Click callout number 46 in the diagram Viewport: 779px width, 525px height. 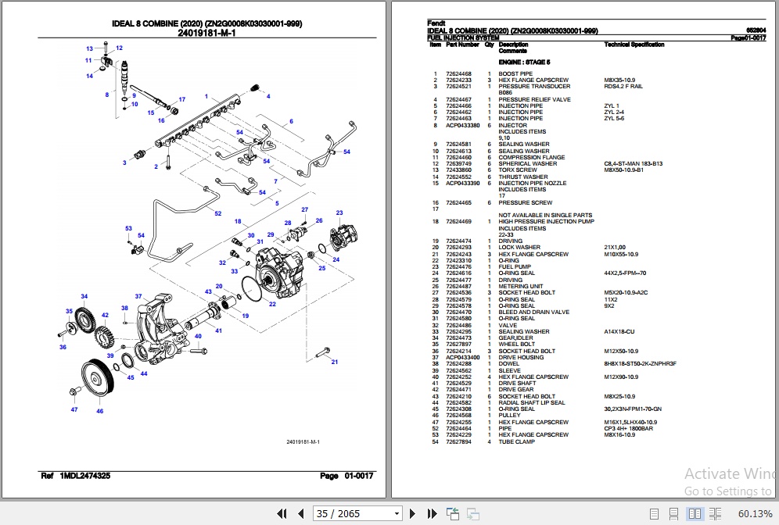(x=99, y=411)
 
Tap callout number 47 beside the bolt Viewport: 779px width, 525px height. (x=74, y=409)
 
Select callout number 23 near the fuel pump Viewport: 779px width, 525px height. (x=339, y=212)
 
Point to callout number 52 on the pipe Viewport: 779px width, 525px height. (x=218, y=213)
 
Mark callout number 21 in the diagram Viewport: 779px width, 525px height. (x=335, y=362)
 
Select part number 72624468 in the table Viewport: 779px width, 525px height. (x=458, y=74)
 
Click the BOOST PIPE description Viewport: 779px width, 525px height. (x=515, y=74)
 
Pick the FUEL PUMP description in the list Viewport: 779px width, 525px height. (x=515, y=267)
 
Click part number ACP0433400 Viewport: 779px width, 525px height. (x=463, y=358)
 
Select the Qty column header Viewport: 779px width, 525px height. (x=489, y=45)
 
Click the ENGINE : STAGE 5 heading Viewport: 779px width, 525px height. (x=524, y=61)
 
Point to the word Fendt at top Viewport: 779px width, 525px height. (x=436, y=23)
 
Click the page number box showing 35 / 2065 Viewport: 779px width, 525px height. (x=356, y=513)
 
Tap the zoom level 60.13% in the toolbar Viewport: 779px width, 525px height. (x=754, y=513)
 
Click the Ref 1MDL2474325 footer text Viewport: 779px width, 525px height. (x=75, y=476)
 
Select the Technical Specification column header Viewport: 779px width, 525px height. (x=634, y=45)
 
